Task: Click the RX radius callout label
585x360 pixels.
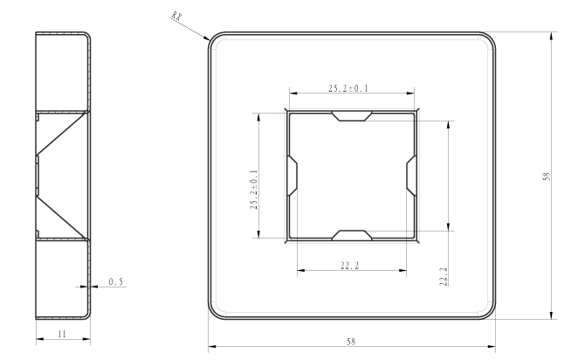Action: (176, 16)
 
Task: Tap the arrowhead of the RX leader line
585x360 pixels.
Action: (207, 38)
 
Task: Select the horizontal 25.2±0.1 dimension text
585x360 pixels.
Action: (348, 88)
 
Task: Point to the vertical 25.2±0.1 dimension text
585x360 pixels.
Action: (254, 190)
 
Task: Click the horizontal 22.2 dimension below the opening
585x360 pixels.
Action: (349, 266)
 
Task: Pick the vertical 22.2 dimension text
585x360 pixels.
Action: (444, 277)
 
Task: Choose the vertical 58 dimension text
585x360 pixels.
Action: (547, 177)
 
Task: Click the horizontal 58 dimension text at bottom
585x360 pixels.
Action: (351, 342)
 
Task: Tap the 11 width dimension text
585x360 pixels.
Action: (62, 334)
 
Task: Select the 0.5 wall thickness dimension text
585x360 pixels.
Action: (115, 281)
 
